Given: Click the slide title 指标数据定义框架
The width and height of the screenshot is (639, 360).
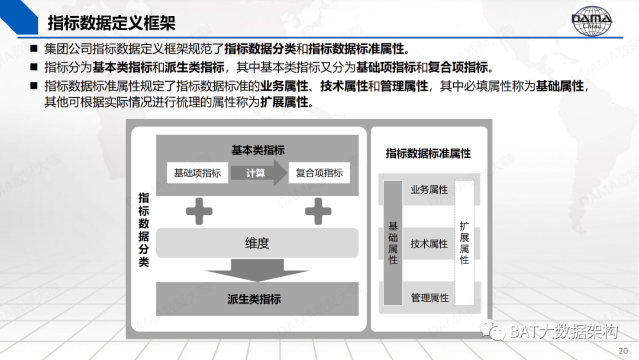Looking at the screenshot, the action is (111, 23).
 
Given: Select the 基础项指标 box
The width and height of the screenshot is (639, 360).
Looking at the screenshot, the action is (197, 173).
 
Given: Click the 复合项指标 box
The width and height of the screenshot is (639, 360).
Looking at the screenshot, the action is (319, 173).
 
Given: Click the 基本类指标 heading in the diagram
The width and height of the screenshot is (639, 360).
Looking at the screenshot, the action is (257, 150).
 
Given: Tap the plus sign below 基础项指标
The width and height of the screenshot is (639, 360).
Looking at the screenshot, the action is (199, 211).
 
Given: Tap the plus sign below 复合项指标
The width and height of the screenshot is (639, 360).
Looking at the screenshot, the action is (318, 211).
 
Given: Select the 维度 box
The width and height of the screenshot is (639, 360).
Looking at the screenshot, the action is (257, 243).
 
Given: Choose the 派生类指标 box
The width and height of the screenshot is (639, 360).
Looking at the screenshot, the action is (257, 299).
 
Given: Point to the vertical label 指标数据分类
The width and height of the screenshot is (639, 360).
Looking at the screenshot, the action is (144, 230).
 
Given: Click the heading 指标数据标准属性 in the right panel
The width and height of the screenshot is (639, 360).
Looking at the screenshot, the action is (428, 153).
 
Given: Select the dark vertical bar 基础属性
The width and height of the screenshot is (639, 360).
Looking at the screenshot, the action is (393, 243).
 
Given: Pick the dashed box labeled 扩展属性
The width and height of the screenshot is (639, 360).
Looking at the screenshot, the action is (464, 243).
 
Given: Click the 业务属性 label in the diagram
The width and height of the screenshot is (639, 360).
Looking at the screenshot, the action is (429, 190).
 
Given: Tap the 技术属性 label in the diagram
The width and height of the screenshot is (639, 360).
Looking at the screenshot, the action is (429, 244).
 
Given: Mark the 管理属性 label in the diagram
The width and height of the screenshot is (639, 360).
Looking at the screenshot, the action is (430, 298).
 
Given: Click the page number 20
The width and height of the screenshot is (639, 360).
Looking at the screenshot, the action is (623, 351).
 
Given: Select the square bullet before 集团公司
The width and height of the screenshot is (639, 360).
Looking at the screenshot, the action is (34, 49).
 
